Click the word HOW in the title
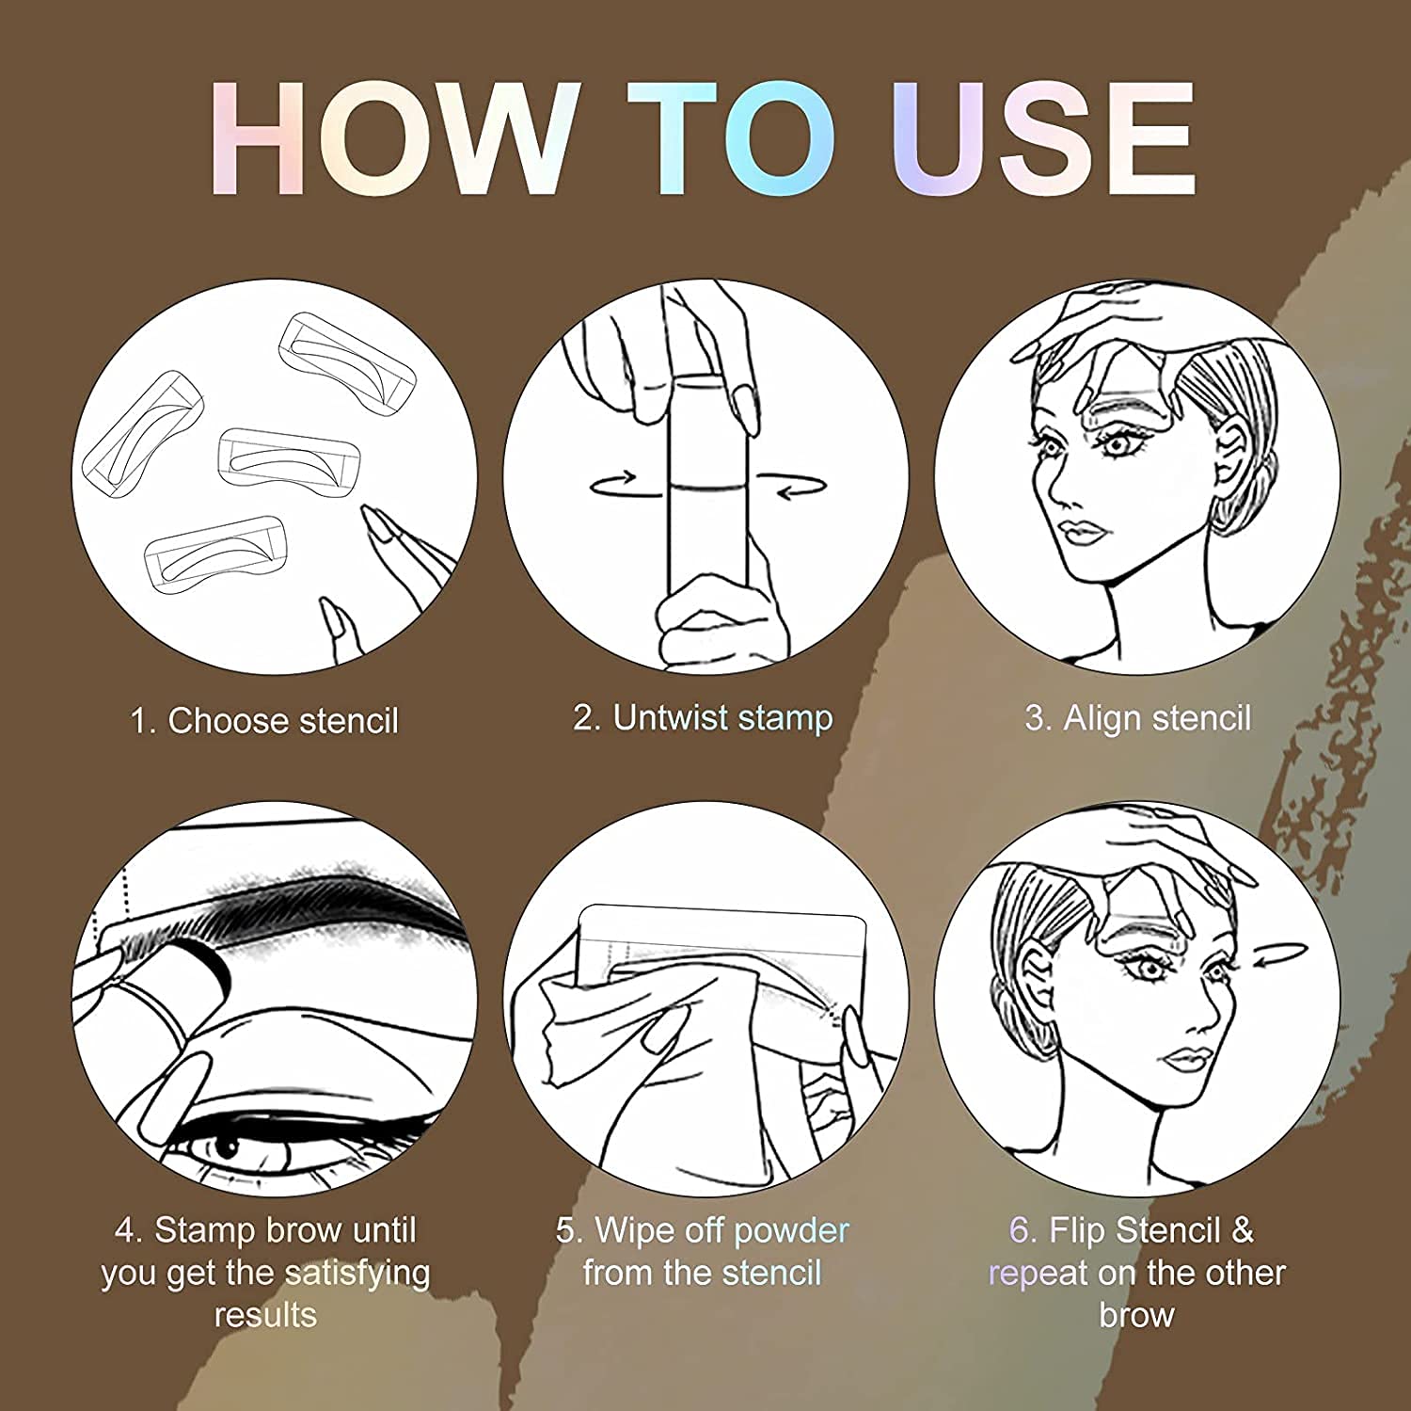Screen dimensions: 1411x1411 click(x=395, y=138)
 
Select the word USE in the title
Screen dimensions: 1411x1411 click(x=1044, y=138)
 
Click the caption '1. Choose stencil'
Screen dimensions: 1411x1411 click(x=264, y=721)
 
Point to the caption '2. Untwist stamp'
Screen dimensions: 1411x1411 click(x=703, y=718)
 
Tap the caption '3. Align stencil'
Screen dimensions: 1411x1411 click(x=1138, y=718)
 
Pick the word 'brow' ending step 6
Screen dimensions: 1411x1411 click(x=1136, y=1315)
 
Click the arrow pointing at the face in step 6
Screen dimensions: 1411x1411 click(x=1280, y=954)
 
